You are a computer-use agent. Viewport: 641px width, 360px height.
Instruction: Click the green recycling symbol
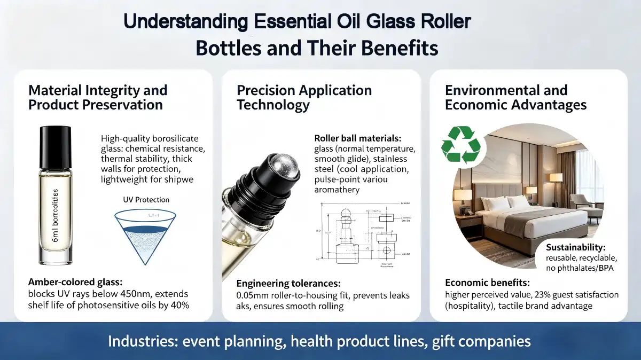pyautogui.click(x=461, y=144)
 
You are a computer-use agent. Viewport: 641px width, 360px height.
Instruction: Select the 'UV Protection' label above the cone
pyautogui.click(x=145, y=200)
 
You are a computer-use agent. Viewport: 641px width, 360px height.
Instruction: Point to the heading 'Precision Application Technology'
pyautogui.click(x=304, y=97)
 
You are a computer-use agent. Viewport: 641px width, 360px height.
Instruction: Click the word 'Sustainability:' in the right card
pyautogui.click(x=576, y=247)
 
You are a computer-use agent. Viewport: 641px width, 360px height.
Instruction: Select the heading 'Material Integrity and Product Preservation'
pyautogui.click(x=98, y=97)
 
